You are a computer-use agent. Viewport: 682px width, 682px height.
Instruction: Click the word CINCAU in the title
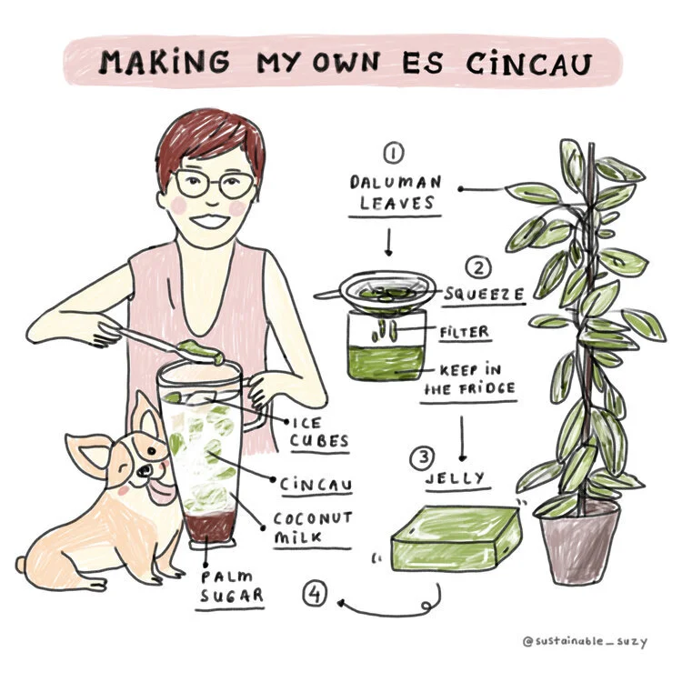tap(529, 65)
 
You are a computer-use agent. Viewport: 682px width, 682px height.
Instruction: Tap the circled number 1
tap(393, 153)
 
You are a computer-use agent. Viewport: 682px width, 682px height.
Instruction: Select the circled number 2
tap(478, 268)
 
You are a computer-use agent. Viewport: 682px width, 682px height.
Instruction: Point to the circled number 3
tap(422, 458)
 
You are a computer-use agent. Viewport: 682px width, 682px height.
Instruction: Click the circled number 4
tap(315, 594)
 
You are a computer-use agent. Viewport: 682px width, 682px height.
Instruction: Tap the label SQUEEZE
tap(484, 295)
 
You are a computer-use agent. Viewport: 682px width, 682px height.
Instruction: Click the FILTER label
tap(465, 332)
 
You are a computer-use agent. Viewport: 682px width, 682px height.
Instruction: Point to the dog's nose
tap(144, 471)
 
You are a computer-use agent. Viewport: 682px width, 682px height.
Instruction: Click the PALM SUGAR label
tap(231, 587)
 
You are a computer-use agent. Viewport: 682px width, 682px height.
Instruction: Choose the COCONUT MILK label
tap(312, 527)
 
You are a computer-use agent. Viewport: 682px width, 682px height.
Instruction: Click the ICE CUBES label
tap(320, 432)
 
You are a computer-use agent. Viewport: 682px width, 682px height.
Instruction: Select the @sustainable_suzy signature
tap(585, 641)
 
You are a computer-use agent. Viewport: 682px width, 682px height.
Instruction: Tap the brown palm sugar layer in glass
tap(210, 527)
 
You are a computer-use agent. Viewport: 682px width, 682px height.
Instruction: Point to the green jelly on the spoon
tap(201, 351)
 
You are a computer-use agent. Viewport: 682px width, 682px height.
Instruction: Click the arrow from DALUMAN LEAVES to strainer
tap(389, 242)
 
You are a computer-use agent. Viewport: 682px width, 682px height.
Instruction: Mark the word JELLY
tap(455, 478)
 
